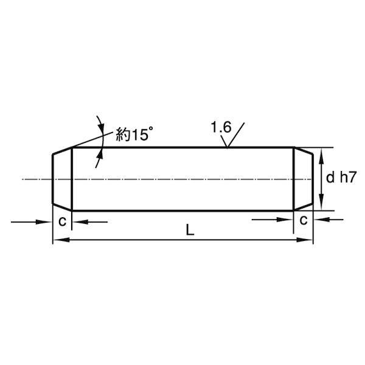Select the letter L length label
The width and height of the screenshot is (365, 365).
(x=190, y=231)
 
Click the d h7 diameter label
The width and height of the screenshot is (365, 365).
(x=341, y=178)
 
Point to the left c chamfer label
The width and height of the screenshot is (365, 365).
(x=63, y=221)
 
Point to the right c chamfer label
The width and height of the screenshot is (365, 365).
(x=304, y=220)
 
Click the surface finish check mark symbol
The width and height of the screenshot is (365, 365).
(x=232, y=136)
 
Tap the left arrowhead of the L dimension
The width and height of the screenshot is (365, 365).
(x=61, y=240)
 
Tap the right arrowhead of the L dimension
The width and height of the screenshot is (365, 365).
(x=305, y=240)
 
